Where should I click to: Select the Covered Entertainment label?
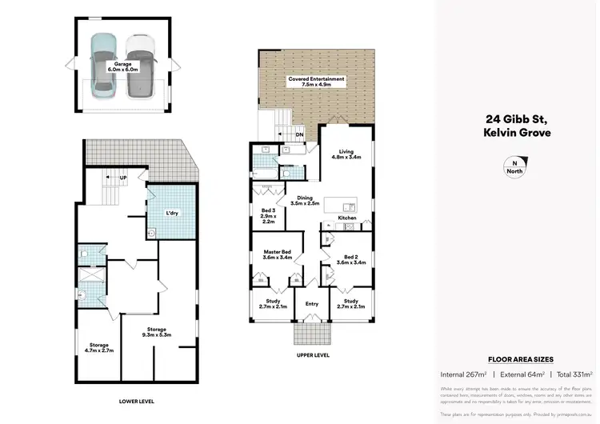316,82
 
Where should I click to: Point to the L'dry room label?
172,214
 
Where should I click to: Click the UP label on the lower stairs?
122,178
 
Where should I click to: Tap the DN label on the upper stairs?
299,134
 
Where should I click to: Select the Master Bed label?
276,255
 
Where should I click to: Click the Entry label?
311,303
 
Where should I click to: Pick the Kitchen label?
346,218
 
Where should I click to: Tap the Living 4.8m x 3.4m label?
346,154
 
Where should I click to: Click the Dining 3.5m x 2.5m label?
304,200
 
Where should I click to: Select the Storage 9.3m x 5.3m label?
157,332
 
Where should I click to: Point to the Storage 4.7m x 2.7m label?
98,347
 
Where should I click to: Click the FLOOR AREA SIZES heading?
520,360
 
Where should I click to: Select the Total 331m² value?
574,374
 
